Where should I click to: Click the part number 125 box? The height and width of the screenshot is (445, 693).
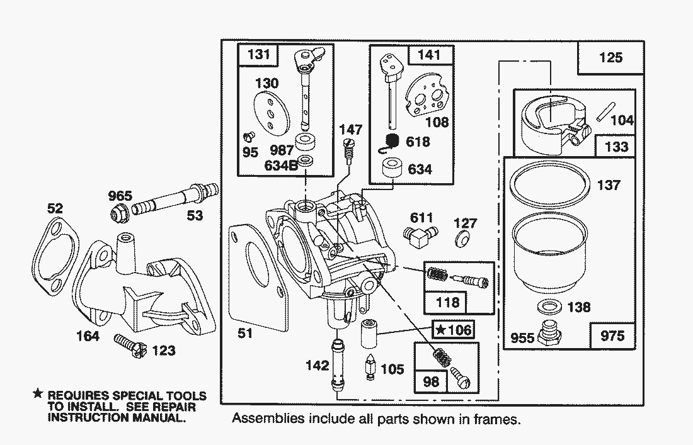[610, 58]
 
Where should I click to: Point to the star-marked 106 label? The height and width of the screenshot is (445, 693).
[454, 329]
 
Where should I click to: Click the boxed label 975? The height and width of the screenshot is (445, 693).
[612, 335]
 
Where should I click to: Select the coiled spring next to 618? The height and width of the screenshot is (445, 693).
[392, 144]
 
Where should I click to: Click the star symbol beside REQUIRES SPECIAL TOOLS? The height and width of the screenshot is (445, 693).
[38, 393]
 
